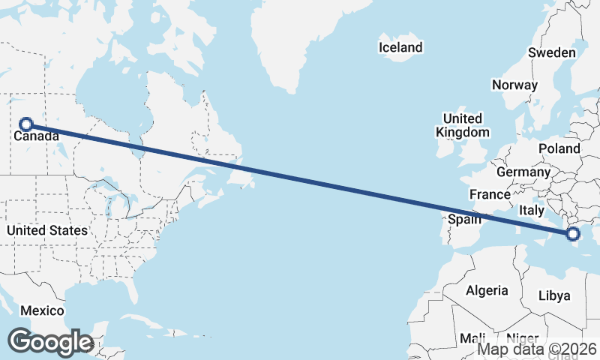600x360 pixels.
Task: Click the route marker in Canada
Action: [26, 124]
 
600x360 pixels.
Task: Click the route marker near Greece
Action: [574, 235]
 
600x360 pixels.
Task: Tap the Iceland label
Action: [400, 47]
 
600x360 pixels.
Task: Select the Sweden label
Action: [551, 52]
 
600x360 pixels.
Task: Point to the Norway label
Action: [514, 85]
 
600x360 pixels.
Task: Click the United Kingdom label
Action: [463, 125]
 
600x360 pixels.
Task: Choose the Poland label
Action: [559, 149]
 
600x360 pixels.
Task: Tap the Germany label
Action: [523, 172]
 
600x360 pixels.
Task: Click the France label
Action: [490, 194]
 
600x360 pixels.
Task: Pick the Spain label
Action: [464, 220]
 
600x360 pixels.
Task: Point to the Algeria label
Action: [487, 290]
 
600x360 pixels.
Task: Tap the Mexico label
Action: [42, 310]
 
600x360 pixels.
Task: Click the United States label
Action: [47, 230]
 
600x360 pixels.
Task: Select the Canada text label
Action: [36, 137]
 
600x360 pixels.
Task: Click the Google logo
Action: [50, 342]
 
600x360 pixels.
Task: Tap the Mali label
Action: [473, 338]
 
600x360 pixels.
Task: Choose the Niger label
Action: [522, 338]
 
